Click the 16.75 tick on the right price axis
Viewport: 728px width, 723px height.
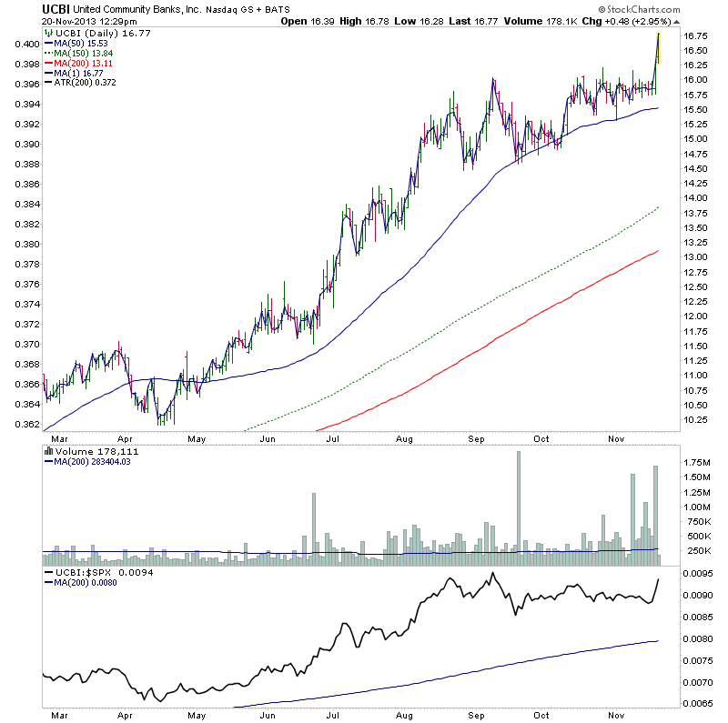696,36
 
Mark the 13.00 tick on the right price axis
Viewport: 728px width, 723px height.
696,257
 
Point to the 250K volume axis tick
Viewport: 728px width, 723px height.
698,551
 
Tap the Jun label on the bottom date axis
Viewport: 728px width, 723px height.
268,715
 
